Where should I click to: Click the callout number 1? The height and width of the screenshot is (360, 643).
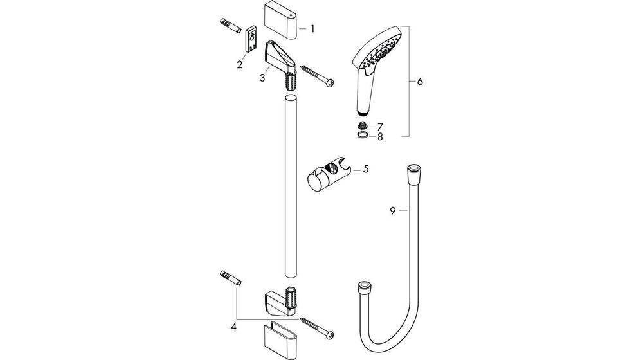point(312,29)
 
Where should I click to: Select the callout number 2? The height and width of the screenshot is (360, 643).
point(239,64)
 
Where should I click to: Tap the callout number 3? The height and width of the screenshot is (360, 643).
point(262,78)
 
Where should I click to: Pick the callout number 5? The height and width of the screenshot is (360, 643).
point(365,169)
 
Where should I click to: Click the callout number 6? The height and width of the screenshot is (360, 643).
point(419,82)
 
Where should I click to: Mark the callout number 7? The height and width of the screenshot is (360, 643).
point(380,127)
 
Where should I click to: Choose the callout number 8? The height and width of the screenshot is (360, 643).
point(380,136)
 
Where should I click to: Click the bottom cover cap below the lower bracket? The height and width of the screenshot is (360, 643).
point(281,337)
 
